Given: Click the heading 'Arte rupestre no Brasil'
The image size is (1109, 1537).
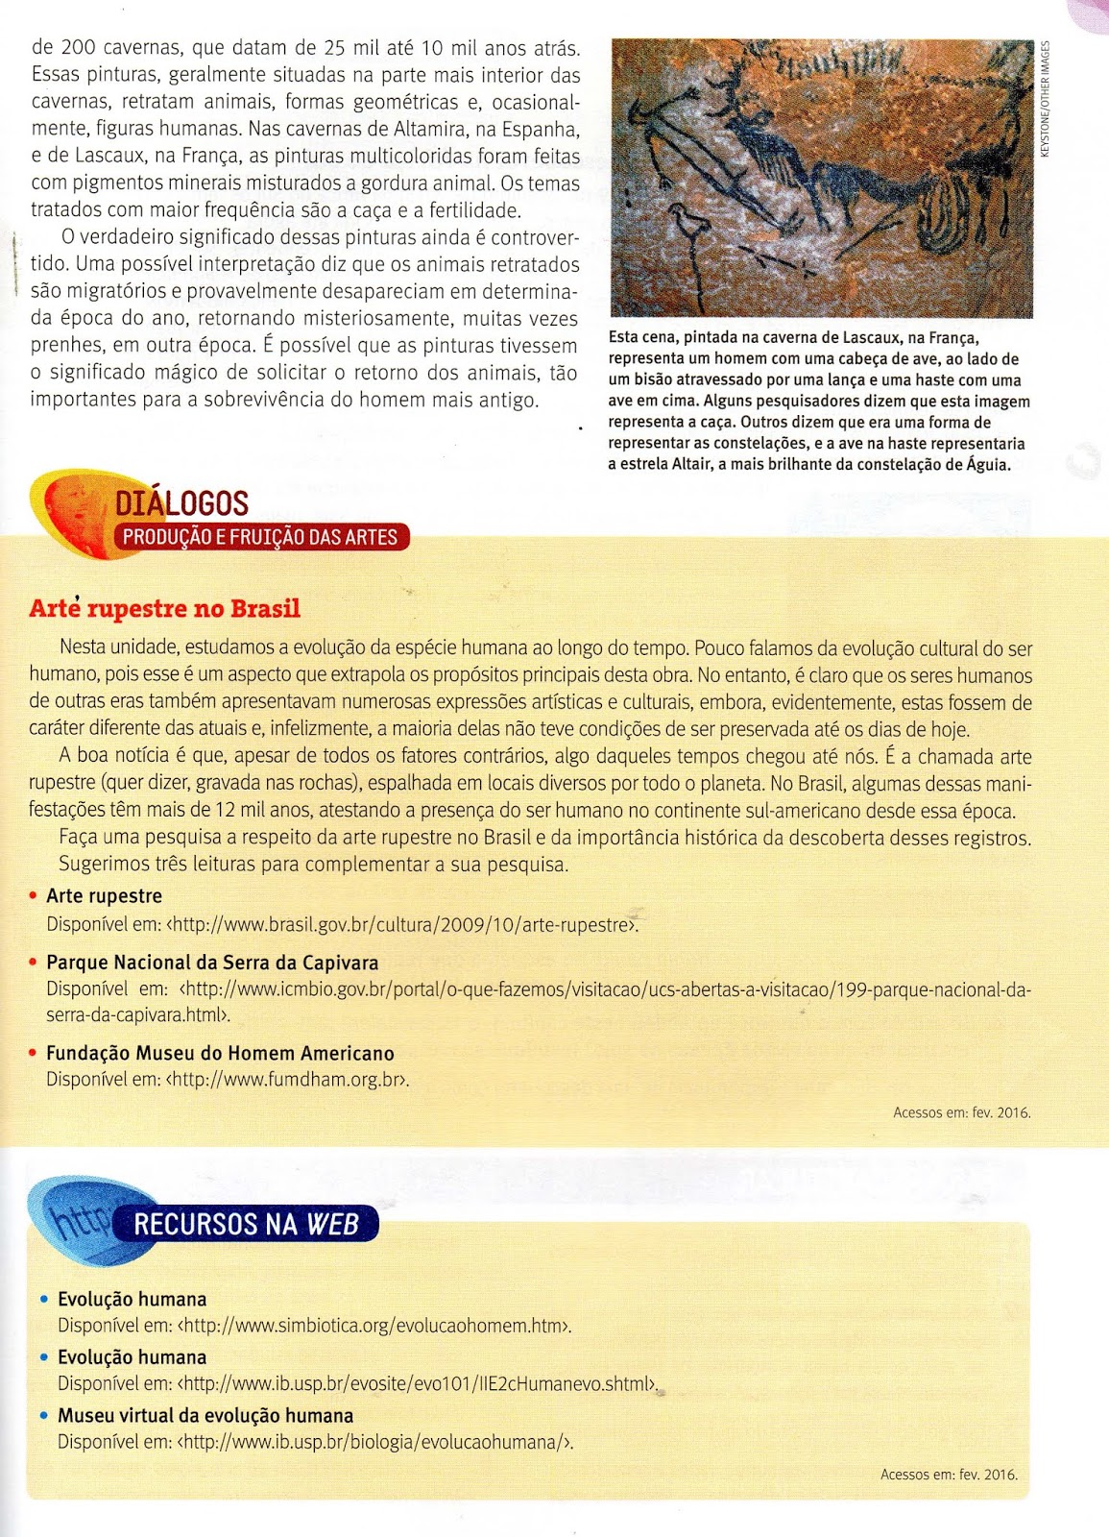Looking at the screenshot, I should pos(164,609).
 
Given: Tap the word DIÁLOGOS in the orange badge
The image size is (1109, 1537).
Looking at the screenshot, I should pos(181,503).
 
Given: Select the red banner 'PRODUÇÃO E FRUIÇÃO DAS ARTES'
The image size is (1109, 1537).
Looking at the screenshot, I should pos(260,537).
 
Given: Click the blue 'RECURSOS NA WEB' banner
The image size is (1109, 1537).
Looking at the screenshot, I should pos(246,1224).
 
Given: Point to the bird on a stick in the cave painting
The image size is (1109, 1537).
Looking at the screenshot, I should pos(687,227).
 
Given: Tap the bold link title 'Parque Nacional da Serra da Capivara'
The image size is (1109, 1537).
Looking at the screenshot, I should pos(212,963).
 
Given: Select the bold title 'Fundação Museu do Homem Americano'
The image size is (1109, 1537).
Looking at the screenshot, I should pos(220,1053).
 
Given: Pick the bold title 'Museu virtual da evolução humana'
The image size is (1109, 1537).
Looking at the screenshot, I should pos(205,1415).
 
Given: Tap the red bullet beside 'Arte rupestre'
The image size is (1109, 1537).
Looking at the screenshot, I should pos(34,896).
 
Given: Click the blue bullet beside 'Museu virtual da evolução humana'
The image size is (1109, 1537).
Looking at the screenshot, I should pos(44,1415).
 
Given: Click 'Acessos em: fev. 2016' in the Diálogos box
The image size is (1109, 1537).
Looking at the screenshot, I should pos(961,1112).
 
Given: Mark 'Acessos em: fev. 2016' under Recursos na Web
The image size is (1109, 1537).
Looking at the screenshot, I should pos(949,1475).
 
